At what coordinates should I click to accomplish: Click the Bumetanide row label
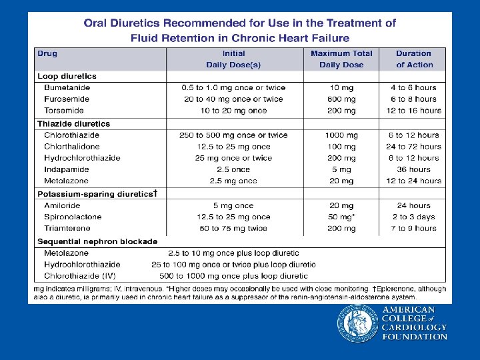tap(67, 87)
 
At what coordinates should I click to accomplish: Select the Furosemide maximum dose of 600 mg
tap(341, 99)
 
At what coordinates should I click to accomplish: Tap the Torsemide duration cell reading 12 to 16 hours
tap(414, 111)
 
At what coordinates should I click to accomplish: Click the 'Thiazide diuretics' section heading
tap(73, 123)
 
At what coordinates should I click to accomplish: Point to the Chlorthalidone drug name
tap(72, 147)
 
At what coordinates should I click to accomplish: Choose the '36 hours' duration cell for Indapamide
tap(414, 169)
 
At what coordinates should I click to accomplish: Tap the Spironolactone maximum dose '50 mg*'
tap(341, 217)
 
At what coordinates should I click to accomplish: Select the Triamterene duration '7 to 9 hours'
tap(414, 228)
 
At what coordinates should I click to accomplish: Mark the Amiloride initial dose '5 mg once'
tap(233, 205)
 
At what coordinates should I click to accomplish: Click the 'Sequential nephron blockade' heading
tap(97, 241)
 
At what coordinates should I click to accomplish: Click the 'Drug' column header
tap(47, 53)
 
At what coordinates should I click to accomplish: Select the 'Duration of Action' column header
tap(414, 59)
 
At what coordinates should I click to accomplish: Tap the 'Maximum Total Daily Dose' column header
tap(341, 59)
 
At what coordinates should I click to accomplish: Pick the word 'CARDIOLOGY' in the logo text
tap(415, 327)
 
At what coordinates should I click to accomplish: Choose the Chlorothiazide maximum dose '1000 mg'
tap(341, 135)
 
